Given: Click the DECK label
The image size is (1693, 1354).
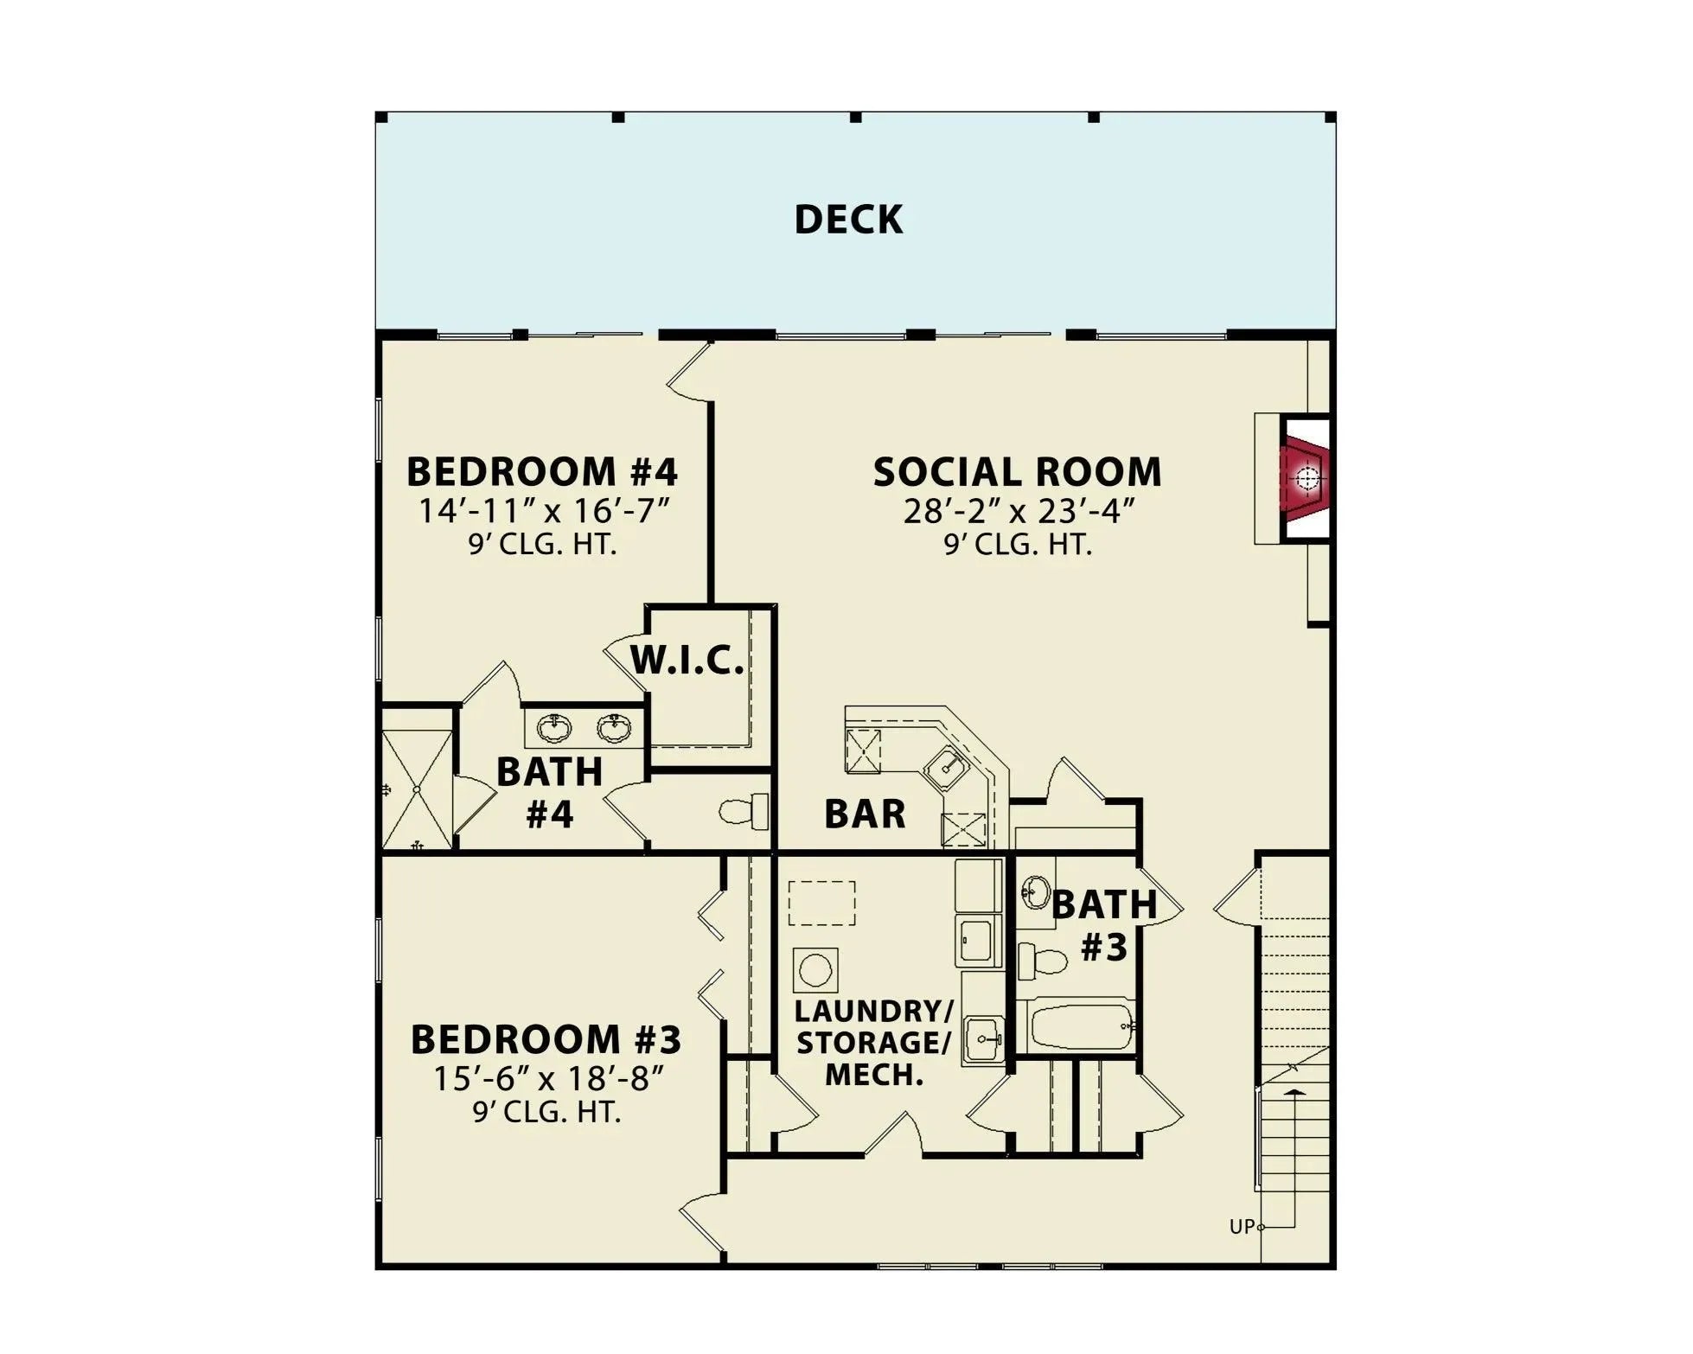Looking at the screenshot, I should [x=848, y=220].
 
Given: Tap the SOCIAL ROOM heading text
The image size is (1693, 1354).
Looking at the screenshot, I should [x=1017, y=472].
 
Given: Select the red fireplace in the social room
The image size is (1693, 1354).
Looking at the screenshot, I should [x=1306, y=477].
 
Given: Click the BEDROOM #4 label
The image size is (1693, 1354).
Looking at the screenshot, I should [x=542, y=472].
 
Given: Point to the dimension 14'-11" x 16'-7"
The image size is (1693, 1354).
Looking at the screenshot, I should [x=545, y=511].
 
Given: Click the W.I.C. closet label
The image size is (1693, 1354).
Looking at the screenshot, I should [x=687, y=661].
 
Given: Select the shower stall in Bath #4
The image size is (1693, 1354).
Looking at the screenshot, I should [x=417, y=789].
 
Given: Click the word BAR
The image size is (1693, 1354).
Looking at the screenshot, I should [x=865, y=814].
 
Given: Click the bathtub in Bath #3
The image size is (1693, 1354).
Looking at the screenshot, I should [x=1081, y=1026].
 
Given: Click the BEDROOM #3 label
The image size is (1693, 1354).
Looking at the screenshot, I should [x=546, y=1039].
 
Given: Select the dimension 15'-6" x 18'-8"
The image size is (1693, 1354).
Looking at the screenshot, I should [x=548, y=1078].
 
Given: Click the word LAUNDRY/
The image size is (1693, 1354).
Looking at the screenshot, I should [x=873, y=1010].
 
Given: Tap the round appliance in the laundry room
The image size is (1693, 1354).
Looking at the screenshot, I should [x=815, y=970].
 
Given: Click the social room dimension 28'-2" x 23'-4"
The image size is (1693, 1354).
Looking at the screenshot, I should [x=1018, y=511].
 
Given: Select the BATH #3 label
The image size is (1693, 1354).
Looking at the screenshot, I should [x=1104, y=925].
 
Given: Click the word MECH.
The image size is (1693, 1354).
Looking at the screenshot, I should [x=874, y=1075].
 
